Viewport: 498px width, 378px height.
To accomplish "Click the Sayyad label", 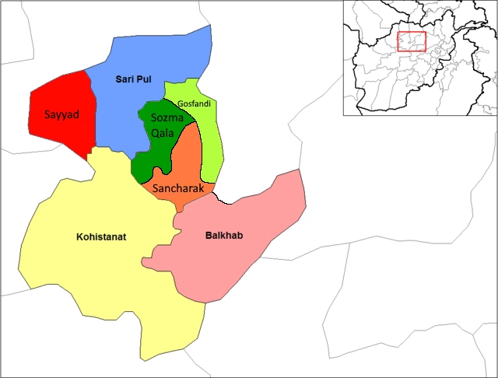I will pyautogui.click(x=61, y=114).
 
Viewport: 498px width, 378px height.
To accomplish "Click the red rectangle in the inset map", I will pyautogui.click(x=411, y=41).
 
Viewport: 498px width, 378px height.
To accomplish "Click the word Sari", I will pyautogui.click(x=125, y=80).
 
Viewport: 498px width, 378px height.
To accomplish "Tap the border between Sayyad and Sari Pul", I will pyautogui.click(x=91, y=109).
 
